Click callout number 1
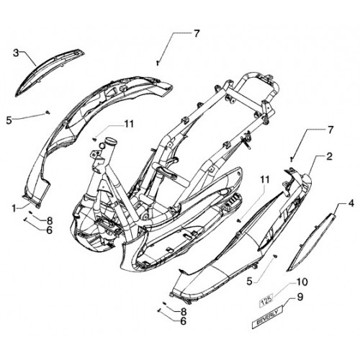[14, 208]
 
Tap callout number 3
[16, 53]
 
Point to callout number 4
[351, 204]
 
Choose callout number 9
[300, 297]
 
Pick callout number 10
[302, 282]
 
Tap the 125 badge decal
[266, 299]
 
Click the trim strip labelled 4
[311, 242]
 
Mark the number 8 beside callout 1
[50, 221]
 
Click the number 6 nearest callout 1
[49, 230]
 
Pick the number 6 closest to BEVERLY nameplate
[183, 321]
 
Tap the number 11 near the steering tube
[128, 124]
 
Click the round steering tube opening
[111, 140]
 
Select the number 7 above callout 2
[330, 130]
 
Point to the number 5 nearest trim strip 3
[9, 120]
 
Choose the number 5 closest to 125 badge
[250, 282]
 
